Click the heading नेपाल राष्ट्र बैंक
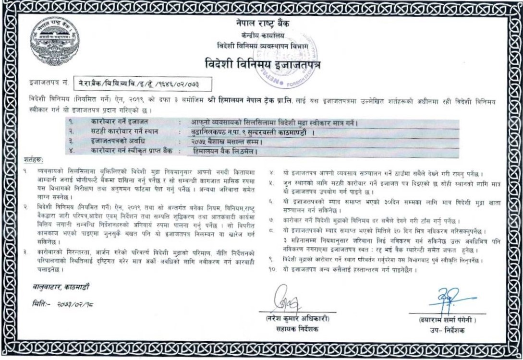click(x=263, y=24)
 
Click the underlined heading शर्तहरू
click(x=34, y=159)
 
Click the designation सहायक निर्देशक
click(x=294, y=329)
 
